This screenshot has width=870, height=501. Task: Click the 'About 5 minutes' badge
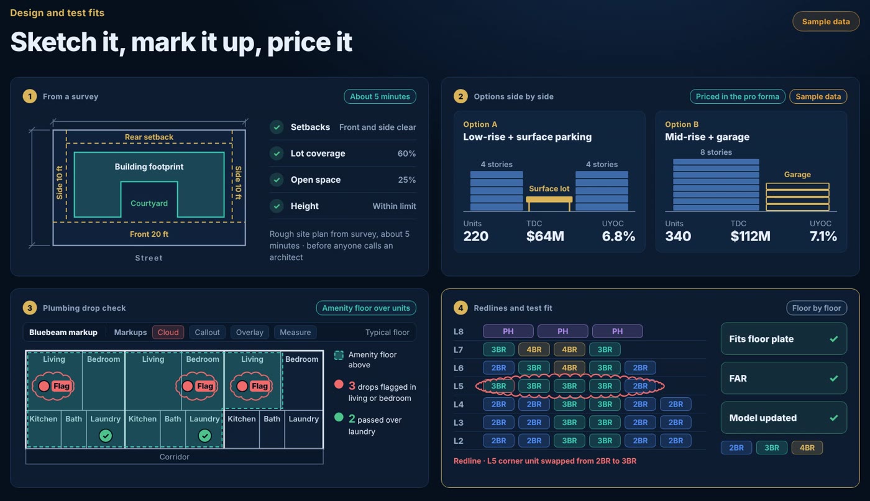380,96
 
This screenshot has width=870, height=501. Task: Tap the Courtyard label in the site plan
149,203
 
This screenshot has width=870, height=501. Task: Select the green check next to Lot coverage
277,154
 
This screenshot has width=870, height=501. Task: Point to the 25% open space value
406,180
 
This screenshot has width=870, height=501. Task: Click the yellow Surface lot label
549,189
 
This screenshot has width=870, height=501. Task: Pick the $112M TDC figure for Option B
750,236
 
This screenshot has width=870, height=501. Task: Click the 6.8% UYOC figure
618,236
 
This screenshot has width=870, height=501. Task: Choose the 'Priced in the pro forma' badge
737,96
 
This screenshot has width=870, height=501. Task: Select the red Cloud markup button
168,333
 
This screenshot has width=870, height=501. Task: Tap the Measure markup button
295,333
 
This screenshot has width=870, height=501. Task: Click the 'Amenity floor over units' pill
366,308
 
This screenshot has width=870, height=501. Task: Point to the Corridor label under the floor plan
175,457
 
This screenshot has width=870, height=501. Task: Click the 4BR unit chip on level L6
569,368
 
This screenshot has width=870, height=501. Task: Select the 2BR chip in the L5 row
640,386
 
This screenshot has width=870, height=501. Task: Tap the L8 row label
459,332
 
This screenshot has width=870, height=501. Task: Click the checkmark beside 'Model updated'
833,418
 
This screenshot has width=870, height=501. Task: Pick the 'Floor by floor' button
817,308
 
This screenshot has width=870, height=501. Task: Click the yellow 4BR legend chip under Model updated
807,448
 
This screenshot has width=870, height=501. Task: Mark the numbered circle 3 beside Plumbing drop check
30,308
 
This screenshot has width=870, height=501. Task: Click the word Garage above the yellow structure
797,175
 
